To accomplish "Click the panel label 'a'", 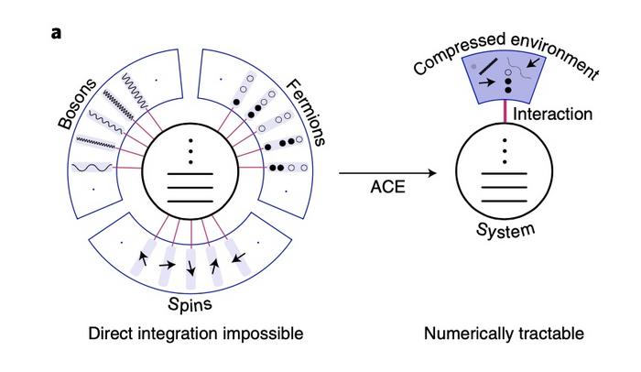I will [57, 34].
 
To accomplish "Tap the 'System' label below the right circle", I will [505, 228].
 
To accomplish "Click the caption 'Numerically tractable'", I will [504, 334].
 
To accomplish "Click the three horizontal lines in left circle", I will [190, 186].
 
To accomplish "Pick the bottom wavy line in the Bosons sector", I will [92, 168].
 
